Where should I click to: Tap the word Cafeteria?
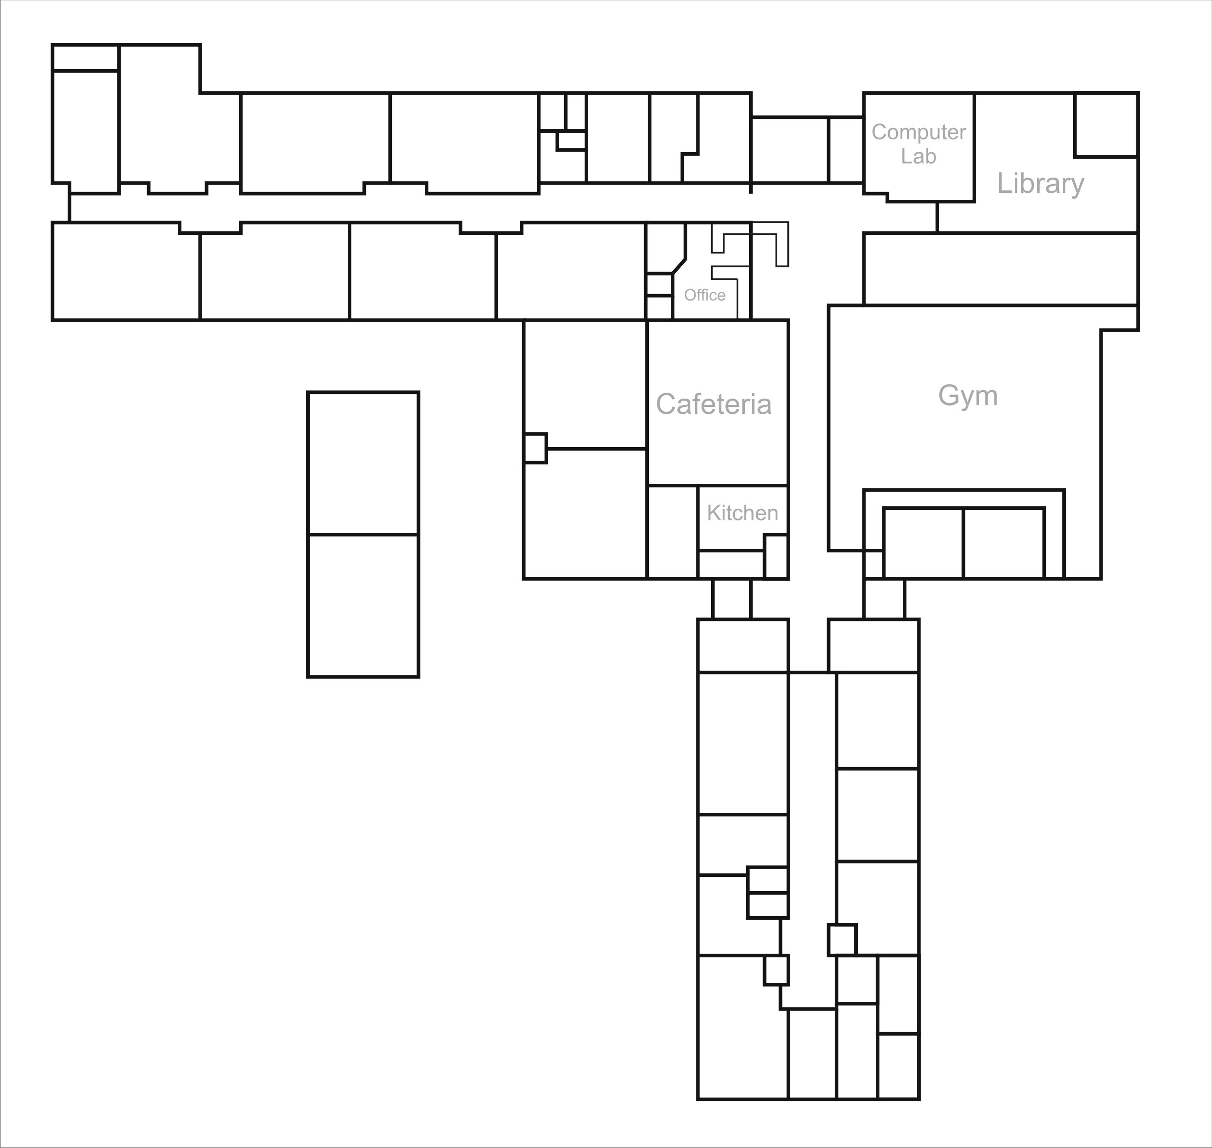pos(714,404)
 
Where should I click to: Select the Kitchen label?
pos(743,513)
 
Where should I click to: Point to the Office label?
pos(705,295)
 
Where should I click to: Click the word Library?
pos(1041,184)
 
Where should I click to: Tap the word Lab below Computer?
pos(919,156)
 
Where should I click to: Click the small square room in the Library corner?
pos(1106,125)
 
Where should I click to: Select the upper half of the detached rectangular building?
pos(363,463)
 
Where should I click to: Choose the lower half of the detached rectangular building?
pos(363,606)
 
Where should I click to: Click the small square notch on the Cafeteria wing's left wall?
pos(535,448)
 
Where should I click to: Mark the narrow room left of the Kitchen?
pos(672,532)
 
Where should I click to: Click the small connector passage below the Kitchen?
pos(731,598)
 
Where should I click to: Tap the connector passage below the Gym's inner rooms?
pos(884,598)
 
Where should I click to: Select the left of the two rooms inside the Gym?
pos(923,543)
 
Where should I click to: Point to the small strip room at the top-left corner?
pos(85,58)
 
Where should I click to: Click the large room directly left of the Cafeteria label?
pos(585,384)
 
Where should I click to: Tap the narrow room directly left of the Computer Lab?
pos(846,150)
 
